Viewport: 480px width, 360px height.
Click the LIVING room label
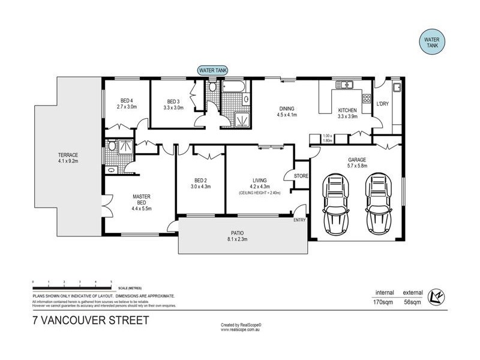[259, 179]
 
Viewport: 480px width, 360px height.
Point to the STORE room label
[301, 176]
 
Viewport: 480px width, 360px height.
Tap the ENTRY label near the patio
[299, 220]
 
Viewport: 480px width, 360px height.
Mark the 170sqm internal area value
[384, 304]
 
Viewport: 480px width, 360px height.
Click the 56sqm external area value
[413, 304]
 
